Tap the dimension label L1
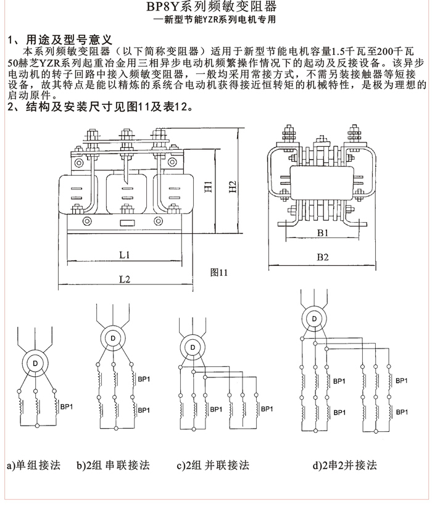point(123,254)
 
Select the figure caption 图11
point(219,272)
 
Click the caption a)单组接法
point(33,465)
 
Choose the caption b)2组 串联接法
point(113,465)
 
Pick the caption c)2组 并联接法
point(212,465)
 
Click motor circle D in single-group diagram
point(35,364)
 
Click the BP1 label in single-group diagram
point(66,406)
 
